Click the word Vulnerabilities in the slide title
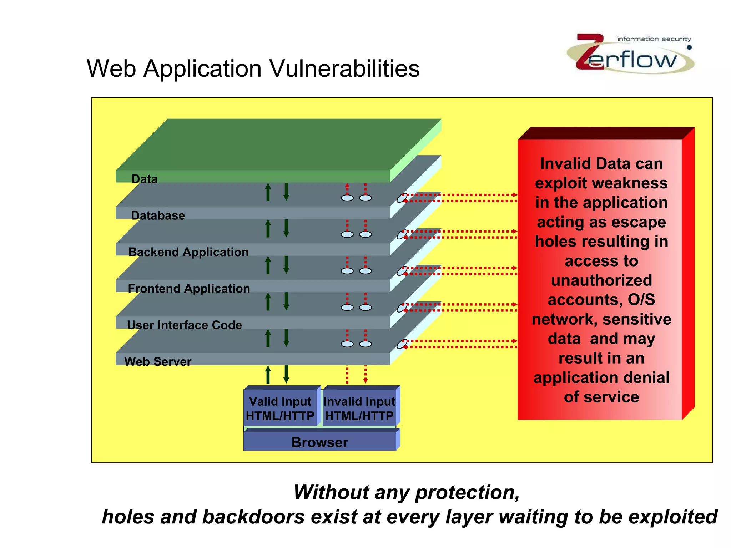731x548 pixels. [x=344, y=68]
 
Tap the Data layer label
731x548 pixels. [x=145, y=179]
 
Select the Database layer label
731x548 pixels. [x=158, y=215]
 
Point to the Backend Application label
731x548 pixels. [x=188, y=252]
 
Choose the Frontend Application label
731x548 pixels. [x=189, y=288]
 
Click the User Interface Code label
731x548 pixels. [x=185, y=325]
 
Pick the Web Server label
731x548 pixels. [x=158, y=361]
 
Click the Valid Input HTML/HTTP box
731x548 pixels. [x=280, y=408]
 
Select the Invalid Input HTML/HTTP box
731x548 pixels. [x=359, y=408]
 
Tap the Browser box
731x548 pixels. [x=320, y=442]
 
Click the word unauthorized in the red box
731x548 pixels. [x=601, y=280]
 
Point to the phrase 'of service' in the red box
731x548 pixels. [x=601, y=397]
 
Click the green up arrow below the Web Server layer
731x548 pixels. [x=268, y=375]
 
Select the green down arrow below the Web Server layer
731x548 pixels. [x=286, y=375]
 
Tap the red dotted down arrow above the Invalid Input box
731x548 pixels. [x=365, y=375]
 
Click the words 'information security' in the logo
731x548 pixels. [x=654, y=39]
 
